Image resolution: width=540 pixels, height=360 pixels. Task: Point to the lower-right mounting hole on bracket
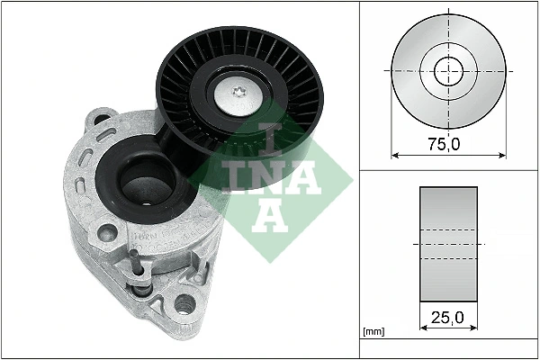186,304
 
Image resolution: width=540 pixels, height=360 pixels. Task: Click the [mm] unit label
373,332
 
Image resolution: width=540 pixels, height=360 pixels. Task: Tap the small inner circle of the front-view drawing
448,69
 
